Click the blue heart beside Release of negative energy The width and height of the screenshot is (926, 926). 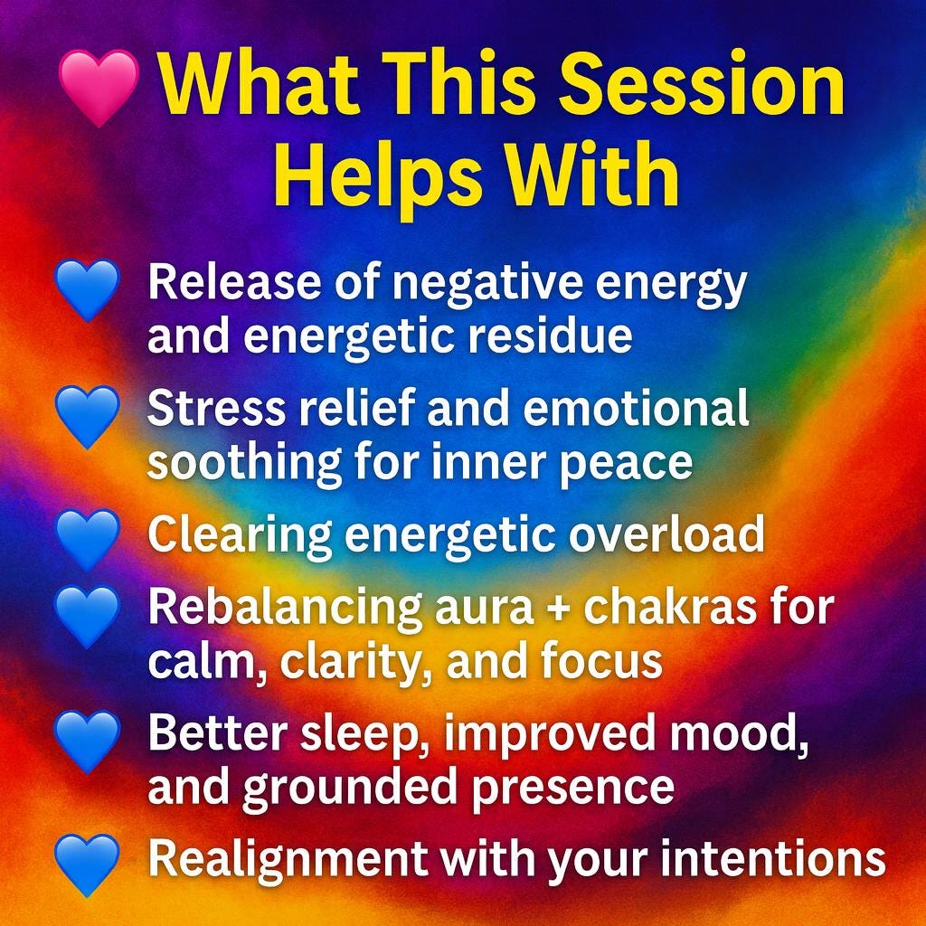pyautogui.click(x=87, y=289)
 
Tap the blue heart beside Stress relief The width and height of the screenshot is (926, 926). pyautogui.click(x=87, y=416)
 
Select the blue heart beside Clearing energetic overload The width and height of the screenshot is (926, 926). pyautogui.click(x=87, y=537)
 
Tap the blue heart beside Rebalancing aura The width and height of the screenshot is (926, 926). pyautogui.click(x=87, y=616)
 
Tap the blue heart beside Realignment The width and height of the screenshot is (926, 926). pyautogui.click(x=87, y=864)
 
